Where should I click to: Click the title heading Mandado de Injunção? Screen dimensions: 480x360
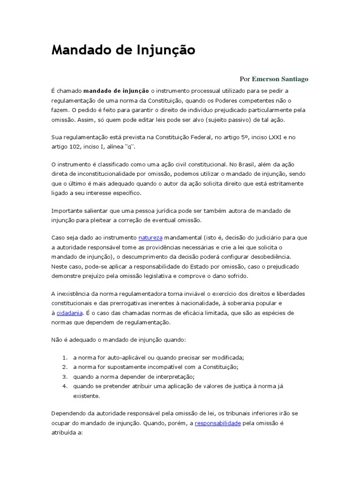click(x=123, y=50)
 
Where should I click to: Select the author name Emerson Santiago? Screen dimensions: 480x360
click(x=280, y=79)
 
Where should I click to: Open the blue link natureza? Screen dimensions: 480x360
click(x=150, y=238)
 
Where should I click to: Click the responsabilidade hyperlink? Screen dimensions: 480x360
click(x=217, y=423)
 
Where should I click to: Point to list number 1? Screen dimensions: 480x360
click(x=65, y=357)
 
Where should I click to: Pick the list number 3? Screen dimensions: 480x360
click(x=65, y=376)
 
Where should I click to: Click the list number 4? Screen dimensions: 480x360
click(x=65, y=386)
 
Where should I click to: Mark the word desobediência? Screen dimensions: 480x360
click(x=270, y=257)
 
